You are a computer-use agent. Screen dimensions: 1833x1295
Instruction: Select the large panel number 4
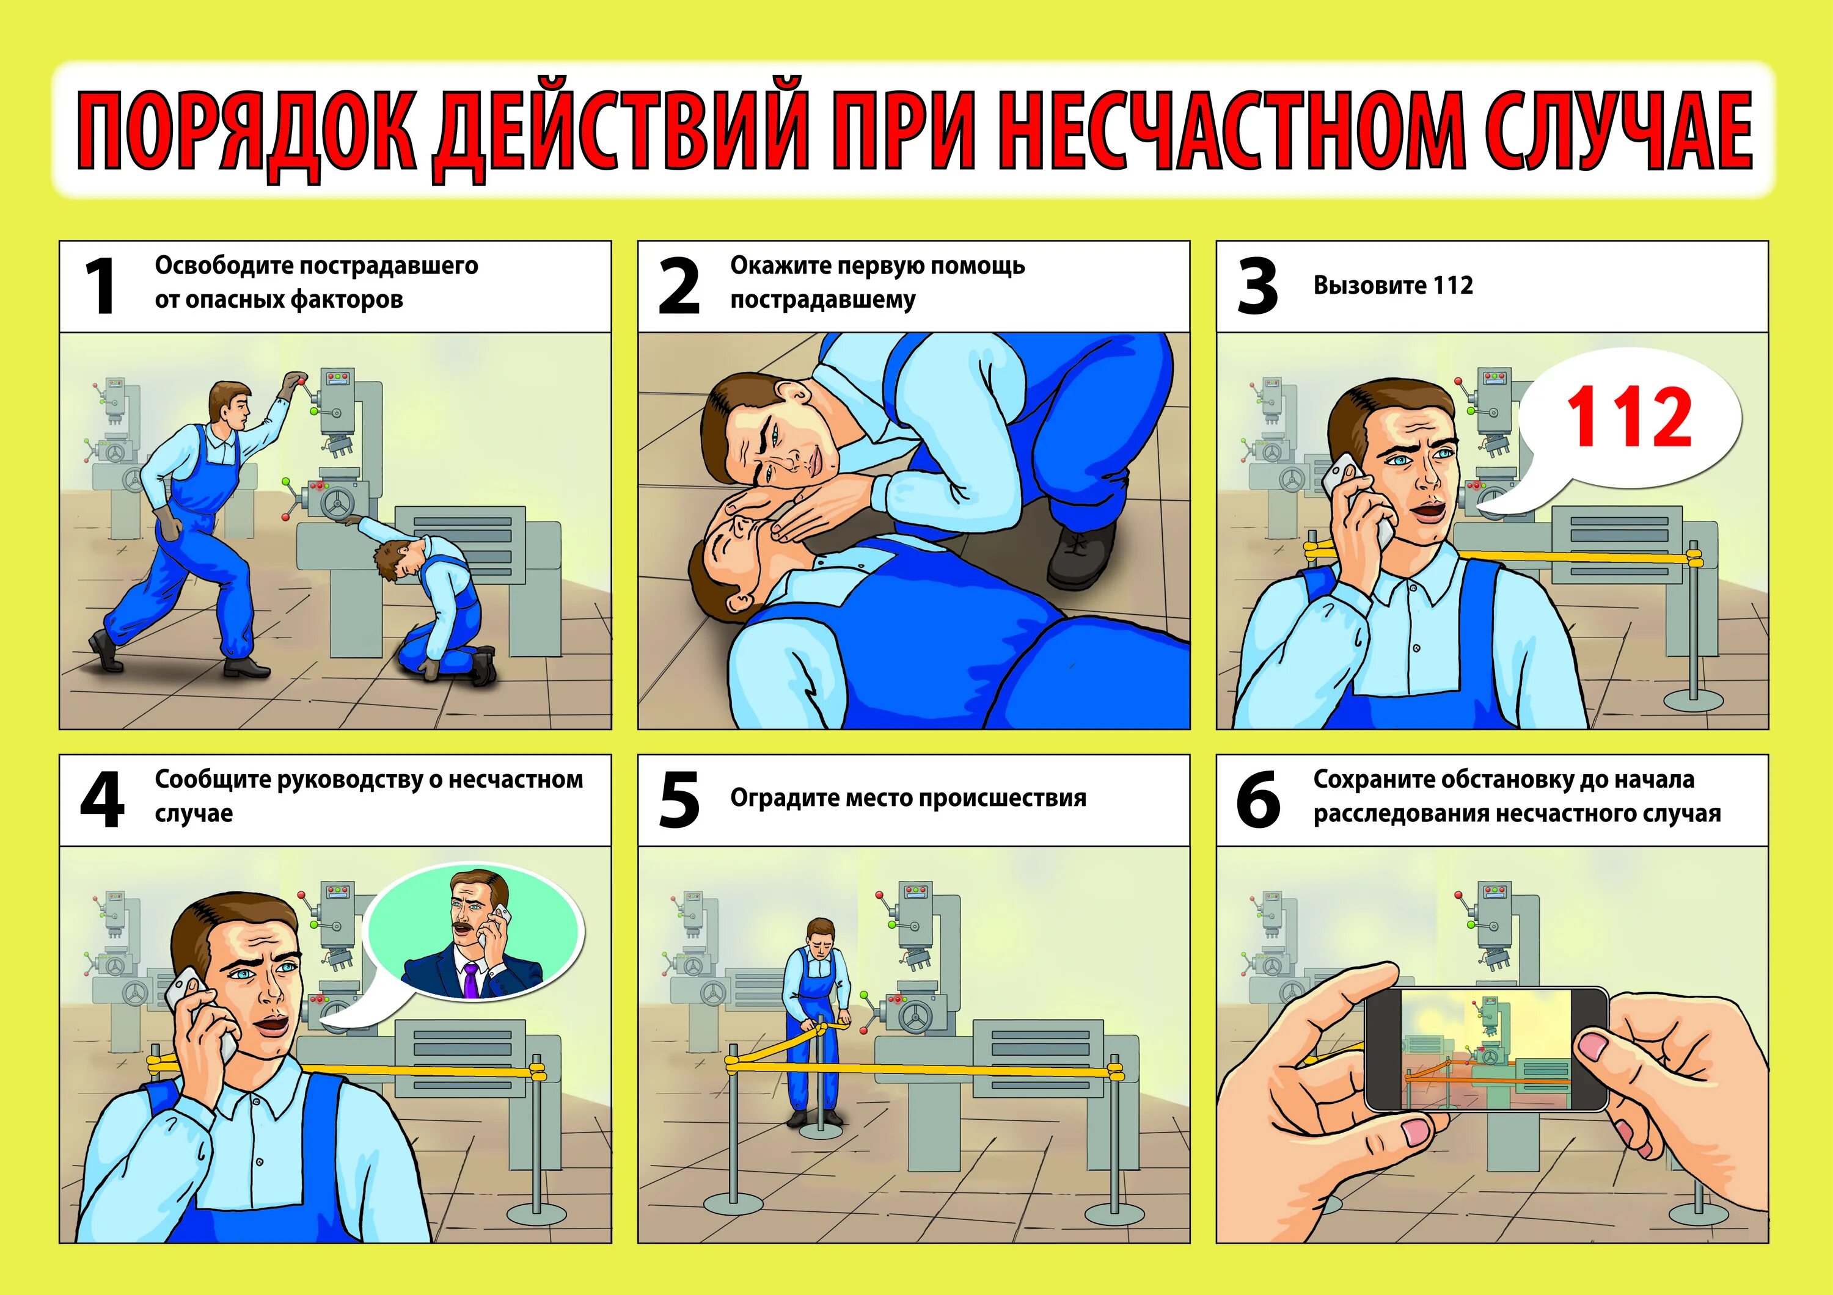click(x=102, y=799)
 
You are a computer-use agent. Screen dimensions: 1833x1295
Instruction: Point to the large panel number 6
click(x=1258, y=799)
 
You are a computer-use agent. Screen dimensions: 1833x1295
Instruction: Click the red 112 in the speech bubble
click(x=1629, y=416)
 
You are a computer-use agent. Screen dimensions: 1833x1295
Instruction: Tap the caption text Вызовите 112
click(x=1393, y=285)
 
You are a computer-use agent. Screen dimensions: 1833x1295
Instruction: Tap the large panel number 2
click(x=679, y=286)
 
